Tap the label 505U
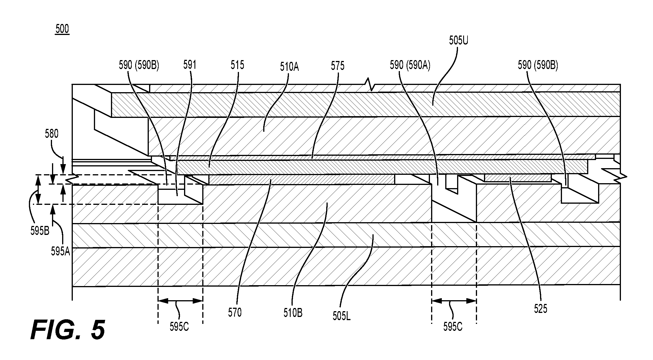(x=458, y=40)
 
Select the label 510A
(x=289, y=67)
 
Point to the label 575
(x=338, y=66)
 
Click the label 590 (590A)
(x=410, y=66)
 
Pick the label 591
(x=190, y=65)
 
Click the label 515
(x=237, y=65)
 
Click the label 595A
(x=61, y=252)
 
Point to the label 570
(x=235, y=313)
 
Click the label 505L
(x=342, y=316)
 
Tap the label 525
(x=541, y=309)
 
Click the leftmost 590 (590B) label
(x=139, y=66)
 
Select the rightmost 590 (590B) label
(x=538, y=66)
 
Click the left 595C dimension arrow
(x=180, y=301)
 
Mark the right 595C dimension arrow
(x=454, y=301)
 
